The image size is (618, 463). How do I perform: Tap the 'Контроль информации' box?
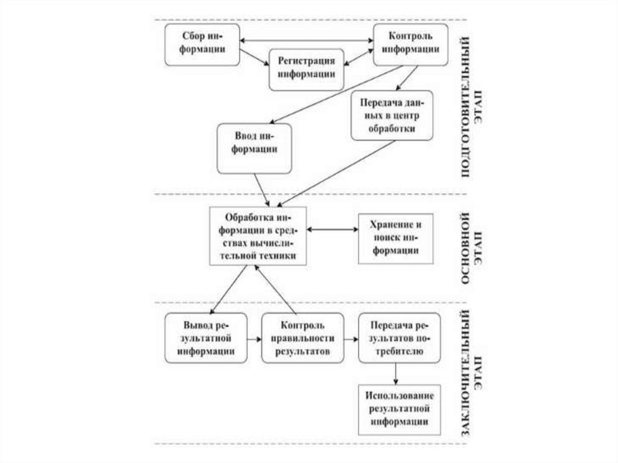(x=410, y=45)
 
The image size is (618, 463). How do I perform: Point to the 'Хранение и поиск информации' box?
(x=396, y=238)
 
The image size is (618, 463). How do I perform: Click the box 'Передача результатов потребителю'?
(x=396, y=337)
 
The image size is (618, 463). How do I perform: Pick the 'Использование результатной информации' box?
(x=396, y=409)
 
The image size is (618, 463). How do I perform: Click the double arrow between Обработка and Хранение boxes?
(x=333, y=229)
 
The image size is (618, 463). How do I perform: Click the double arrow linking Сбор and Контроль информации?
(x=306, y=40)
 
